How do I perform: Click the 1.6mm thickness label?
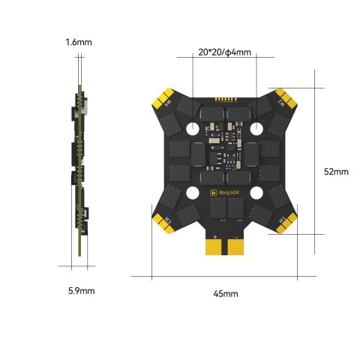point(78,43)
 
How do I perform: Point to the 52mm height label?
point(336,171)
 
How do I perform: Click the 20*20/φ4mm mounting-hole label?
point(225,53)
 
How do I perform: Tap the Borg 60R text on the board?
point(229,193)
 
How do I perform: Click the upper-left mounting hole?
point(192,127)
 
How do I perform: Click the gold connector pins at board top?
point(225,98)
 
